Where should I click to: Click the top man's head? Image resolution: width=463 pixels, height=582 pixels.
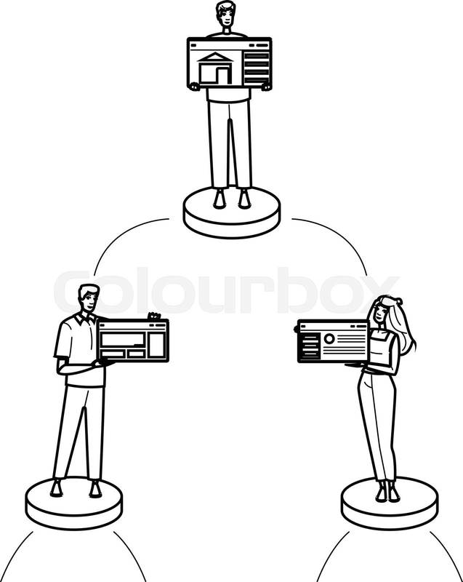226,14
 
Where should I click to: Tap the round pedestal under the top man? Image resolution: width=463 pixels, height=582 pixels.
232,212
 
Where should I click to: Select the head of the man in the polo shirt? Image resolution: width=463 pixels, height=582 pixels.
89,298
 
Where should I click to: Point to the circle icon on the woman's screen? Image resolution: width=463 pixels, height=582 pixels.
329,338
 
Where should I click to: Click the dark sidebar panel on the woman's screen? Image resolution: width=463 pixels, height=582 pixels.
310,346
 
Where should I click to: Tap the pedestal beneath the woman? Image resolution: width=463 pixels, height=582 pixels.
390,503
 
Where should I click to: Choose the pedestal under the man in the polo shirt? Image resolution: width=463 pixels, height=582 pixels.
73,503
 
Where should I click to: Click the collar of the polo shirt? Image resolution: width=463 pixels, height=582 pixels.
85,319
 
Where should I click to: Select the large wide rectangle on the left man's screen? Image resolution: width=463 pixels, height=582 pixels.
123,339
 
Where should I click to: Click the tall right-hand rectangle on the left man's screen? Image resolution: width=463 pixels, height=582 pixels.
157,345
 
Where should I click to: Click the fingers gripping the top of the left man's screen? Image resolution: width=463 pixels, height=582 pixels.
154,316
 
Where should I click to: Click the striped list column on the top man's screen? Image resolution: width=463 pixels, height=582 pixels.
256,68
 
